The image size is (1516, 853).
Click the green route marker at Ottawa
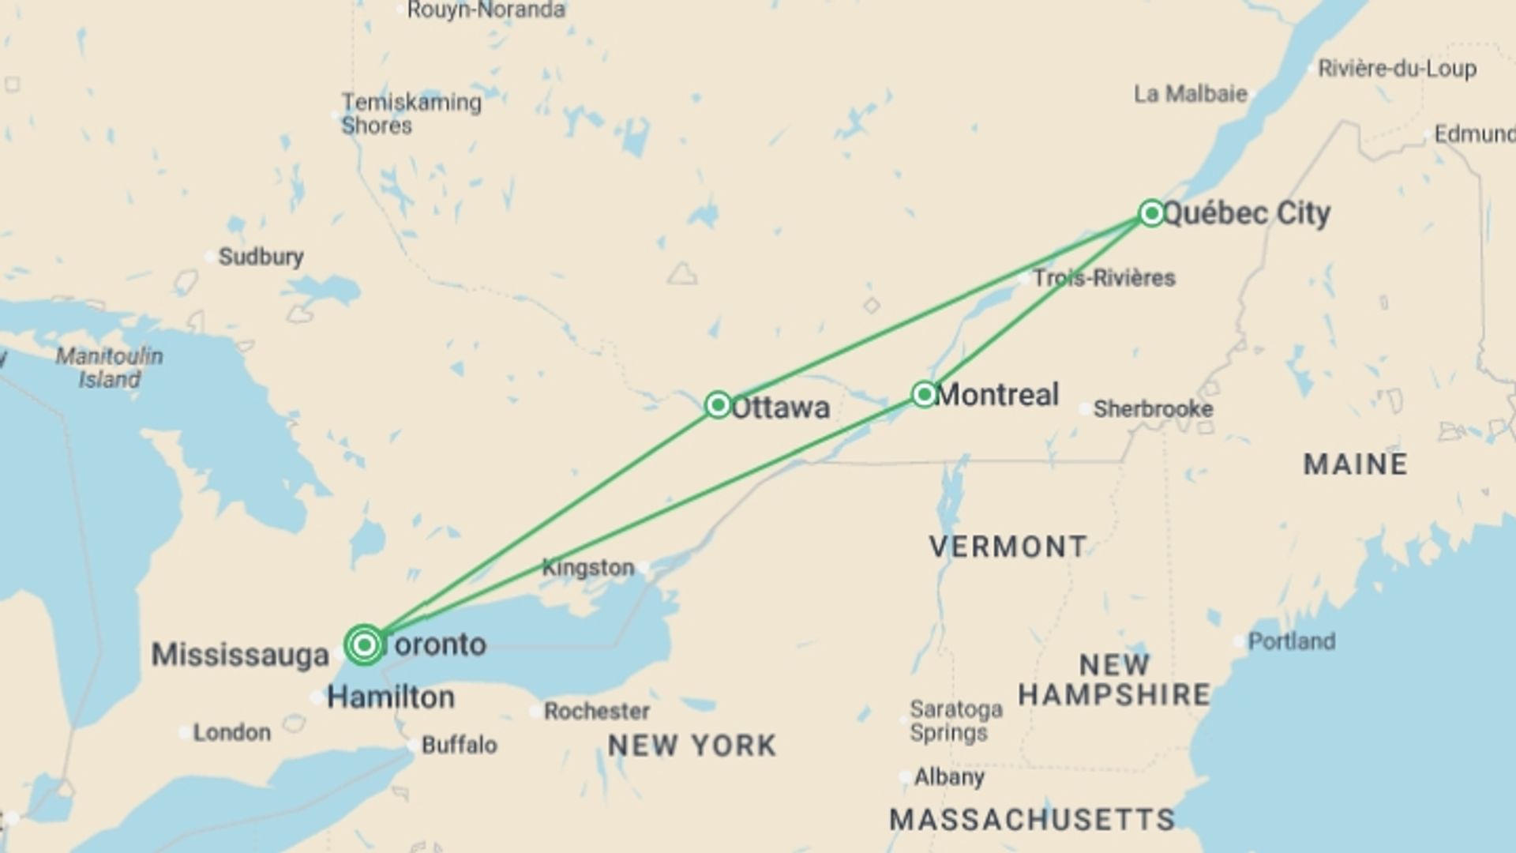(718, 405)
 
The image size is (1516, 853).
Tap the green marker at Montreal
(924, 394)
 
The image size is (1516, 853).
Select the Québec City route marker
(1151, 212)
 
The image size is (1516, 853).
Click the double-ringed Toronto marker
(364, 645)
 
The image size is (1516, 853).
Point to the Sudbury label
(261, 257)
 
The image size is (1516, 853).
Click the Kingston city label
(588, 567)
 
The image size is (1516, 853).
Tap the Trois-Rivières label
(1104, 278)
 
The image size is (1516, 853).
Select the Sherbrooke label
(1153, 409)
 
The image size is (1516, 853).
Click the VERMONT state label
(1008, 547)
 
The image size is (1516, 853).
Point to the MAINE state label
(1355, 464)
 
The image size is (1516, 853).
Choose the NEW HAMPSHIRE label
(1114, 680)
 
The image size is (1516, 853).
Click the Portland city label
(1291, 641)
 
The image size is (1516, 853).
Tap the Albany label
(949, 777)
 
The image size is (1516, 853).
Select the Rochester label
(596, 711)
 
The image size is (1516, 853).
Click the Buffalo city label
(459, 745)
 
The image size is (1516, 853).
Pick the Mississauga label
(240, 655)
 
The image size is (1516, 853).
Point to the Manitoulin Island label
(109, 368)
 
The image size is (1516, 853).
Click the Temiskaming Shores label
(411, 114)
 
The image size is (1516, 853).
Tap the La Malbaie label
(1190, 94)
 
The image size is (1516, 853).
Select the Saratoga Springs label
(955, 720)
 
